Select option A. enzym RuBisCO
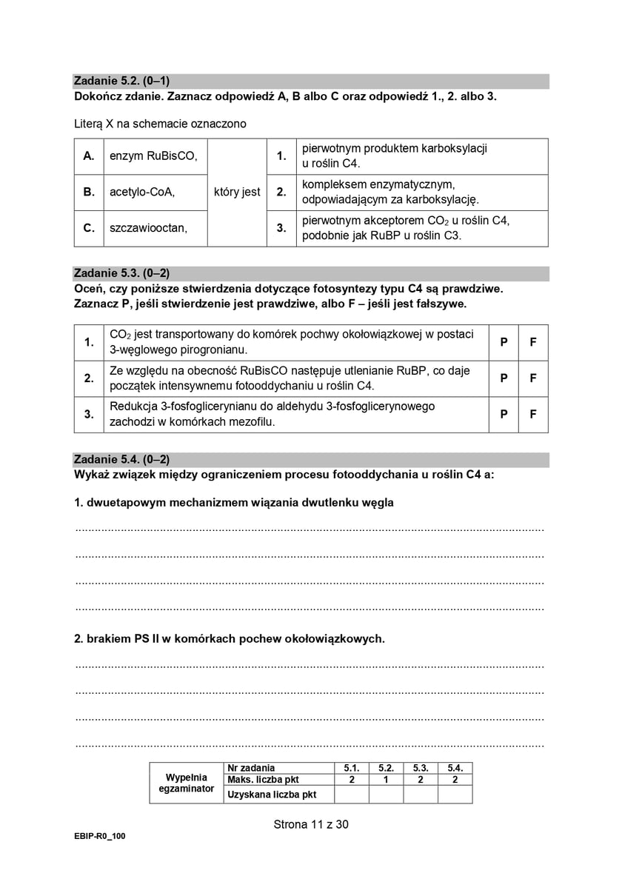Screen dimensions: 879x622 [141, 156]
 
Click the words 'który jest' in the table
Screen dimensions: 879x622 [237, 193]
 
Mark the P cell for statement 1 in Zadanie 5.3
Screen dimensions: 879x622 [504, 342]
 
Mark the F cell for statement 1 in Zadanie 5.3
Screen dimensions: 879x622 [533, 342]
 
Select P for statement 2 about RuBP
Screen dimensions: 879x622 [504, 378]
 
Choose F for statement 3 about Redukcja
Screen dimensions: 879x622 [533, 415]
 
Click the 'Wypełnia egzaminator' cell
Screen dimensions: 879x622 [186, 783]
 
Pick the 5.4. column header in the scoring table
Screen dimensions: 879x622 [455, 768]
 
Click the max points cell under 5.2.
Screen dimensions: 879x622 [386, 780]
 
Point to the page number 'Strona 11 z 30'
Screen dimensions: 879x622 [310, 824]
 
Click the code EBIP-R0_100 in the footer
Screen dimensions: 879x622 [100, 836]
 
